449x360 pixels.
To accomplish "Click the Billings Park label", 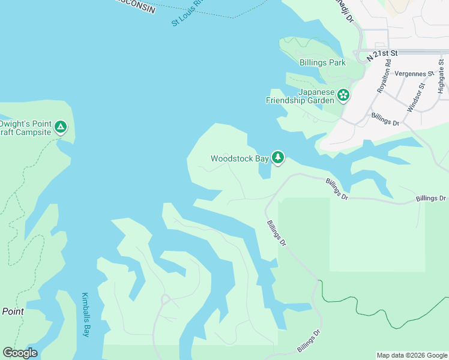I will [322, 62].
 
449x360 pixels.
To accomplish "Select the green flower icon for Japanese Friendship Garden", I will [343, 95].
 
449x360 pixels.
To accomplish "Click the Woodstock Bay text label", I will [239, 159].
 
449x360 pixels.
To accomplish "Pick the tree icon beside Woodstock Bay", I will [277, 158].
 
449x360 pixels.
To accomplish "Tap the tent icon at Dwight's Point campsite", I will [60, 127].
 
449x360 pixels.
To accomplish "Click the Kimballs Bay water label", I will [85, 314].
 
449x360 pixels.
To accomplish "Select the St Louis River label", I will [188, 13].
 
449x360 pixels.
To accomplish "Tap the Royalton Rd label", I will [384, 77].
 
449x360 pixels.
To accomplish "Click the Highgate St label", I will [441, 77].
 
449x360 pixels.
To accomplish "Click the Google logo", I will [20, 353].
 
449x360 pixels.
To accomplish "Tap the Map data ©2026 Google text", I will [412, 355].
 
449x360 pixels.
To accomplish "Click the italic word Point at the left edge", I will [13, 311].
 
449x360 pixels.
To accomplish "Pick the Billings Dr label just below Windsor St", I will [385, 119].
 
